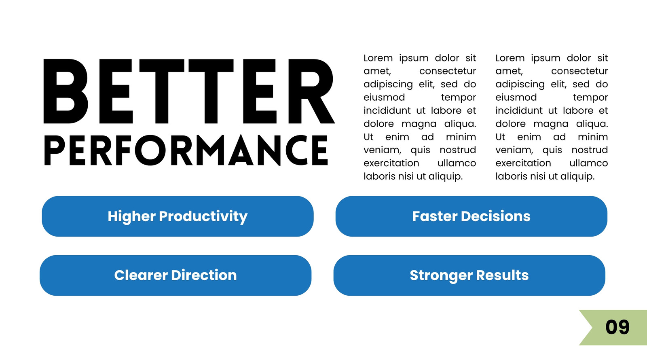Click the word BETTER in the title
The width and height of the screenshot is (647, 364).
(189, 91)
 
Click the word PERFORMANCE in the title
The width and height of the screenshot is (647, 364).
(186, 150)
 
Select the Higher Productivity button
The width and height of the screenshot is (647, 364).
(178, 216)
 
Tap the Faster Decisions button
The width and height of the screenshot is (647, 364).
(472, 216)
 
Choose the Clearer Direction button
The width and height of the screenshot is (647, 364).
(175, 275)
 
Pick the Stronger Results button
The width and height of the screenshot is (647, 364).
(469, 275)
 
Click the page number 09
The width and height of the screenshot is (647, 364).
(617, 327)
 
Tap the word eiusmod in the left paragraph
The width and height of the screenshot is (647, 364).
(384, 97)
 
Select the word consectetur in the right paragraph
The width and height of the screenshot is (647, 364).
(579, 71)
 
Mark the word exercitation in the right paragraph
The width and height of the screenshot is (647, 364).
(523, 163)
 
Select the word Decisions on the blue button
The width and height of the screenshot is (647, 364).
(496, 216)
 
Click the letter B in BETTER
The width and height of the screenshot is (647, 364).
(66, 91)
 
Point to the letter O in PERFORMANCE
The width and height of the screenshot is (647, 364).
(150, 150)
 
